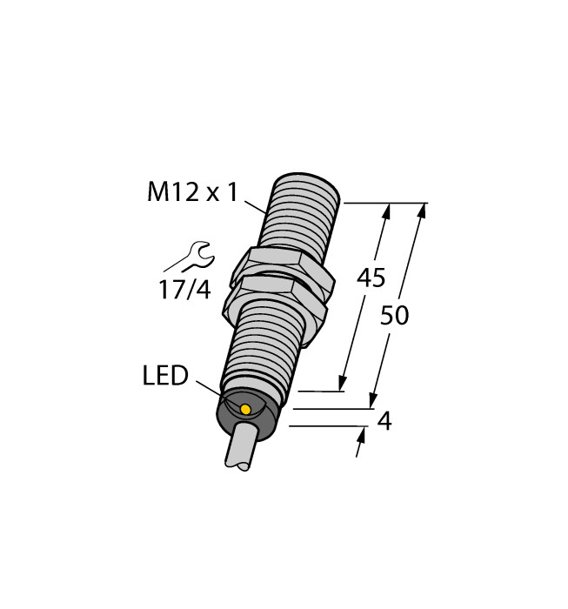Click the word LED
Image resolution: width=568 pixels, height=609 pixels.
[x=164, y=377]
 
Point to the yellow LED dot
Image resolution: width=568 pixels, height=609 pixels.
[x=245, y=409]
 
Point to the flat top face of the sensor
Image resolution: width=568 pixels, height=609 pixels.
[x=304, y=184]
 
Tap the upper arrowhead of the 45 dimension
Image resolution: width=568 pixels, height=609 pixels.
[x=386, y=211]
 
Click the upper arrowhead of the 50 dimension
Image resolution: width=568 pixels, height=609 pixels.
[x=424, y=211]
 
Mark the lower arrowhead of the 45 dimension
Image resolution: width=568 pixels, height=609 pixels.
[x=343, y=384]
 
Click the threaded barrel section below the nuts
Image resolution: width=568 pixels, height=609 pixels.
[x=261, y=348]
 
